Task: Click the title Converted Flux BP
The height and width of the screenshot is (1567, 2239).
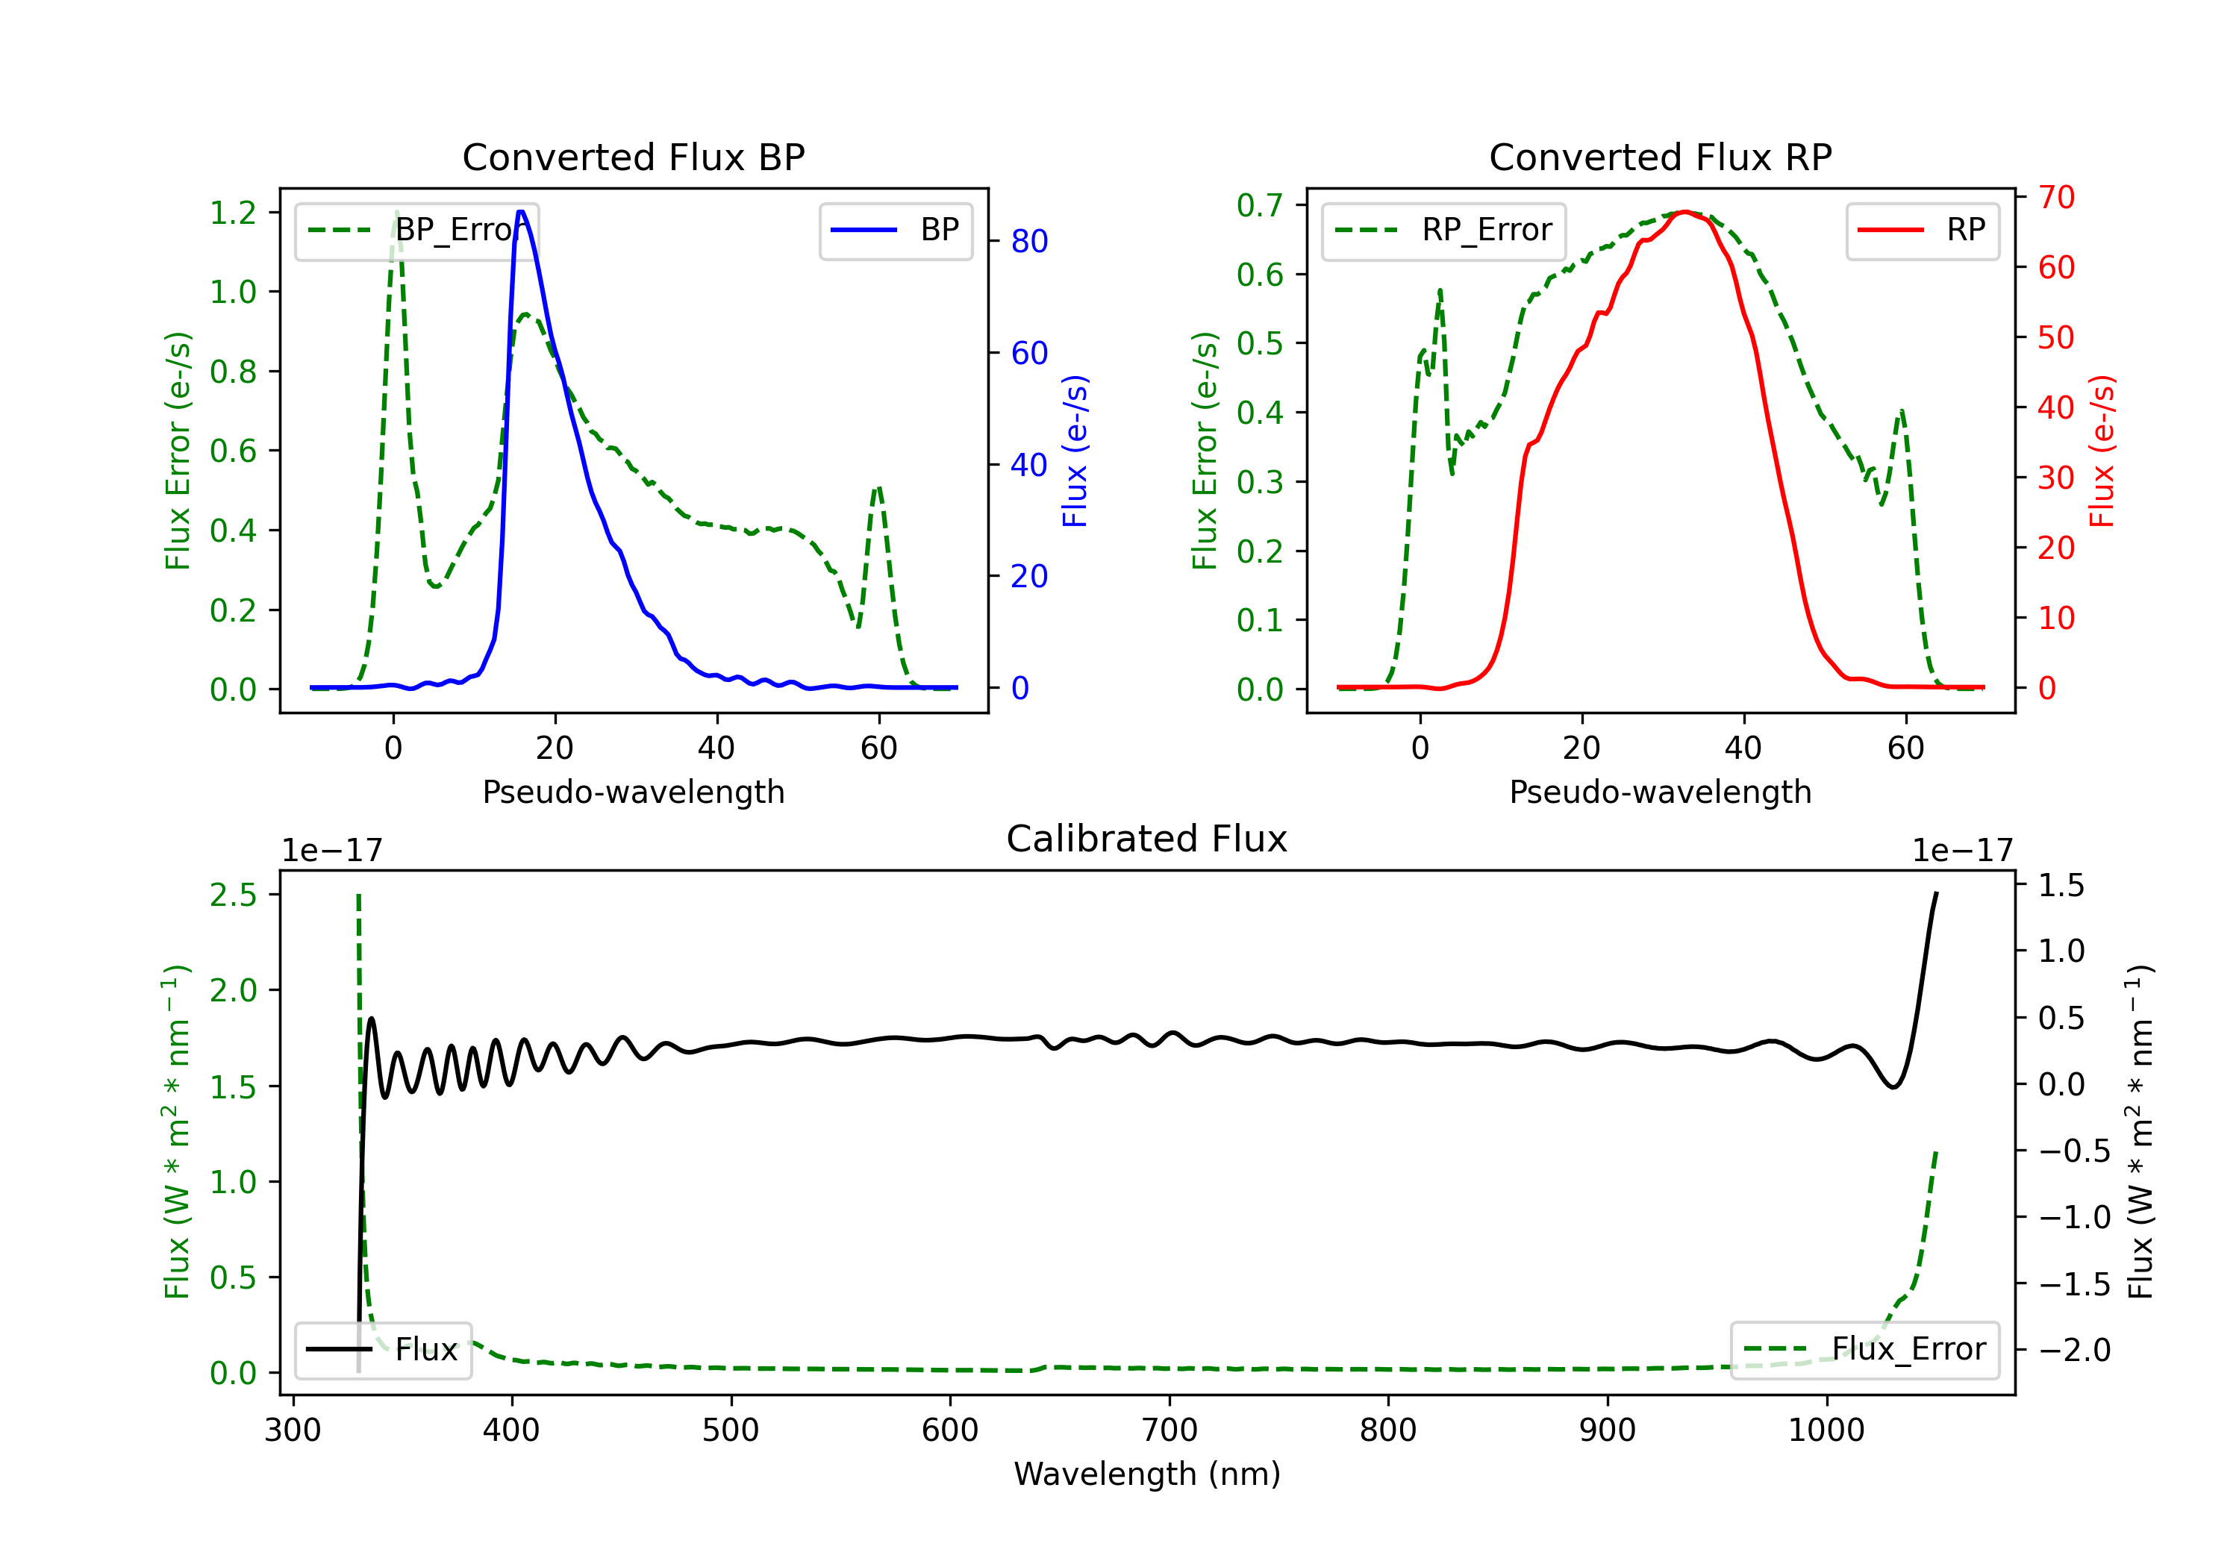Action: coord(633,157)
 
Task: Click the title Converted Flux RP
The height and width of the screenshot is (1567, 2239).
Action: coord(1660,157)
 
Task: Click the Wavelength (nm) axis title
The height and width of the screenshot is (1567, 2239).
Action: coord(1147,1474)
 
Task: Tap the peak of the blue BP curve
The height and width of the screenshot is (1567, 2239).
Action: coord(521,212)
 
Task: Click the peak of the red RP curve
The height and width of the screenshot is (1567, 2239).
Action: coord(1684,212)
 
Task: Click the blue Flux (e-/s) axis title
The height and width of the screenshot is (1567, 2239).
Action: coord(1075,451)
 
